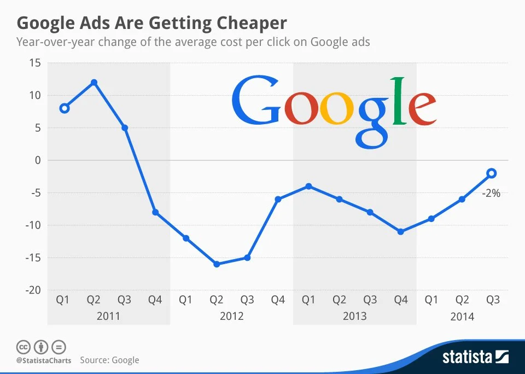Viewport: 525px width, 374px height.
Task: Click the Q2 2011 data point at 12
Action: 94,83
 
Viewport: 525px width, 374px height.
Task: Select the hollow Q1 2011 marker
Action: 64,108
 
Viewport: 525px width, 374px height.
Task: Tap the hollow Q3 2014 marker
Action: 492,173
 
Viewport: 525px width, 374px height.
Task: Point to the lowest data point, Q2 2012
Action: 217,264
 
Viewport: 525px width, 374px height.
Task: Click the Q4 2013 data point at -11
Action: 401,232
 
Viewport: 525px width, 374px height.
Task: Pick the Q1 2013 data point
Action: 309,186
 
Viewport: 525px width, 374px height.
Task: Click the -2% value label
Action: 491,193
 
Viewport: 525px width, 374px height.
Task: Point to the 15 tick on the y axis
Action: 35,63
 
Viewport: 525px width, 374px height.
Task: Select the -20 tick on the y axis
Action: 32,290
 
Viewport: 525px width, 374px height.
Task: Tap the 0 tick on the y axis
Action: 37,160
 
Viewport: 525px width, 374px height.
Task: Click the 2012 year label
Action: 232,317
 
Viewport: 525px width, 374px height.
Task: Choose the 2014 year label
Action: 463,317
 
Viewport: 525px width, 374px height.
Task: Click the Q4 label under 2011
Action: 155,300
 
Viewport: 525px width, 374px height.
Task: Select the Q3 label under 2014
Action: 493,300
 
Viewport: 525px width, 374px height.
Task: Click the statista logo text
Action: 467,358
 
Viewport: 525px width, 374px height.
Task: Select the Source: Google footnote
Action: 109,360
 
